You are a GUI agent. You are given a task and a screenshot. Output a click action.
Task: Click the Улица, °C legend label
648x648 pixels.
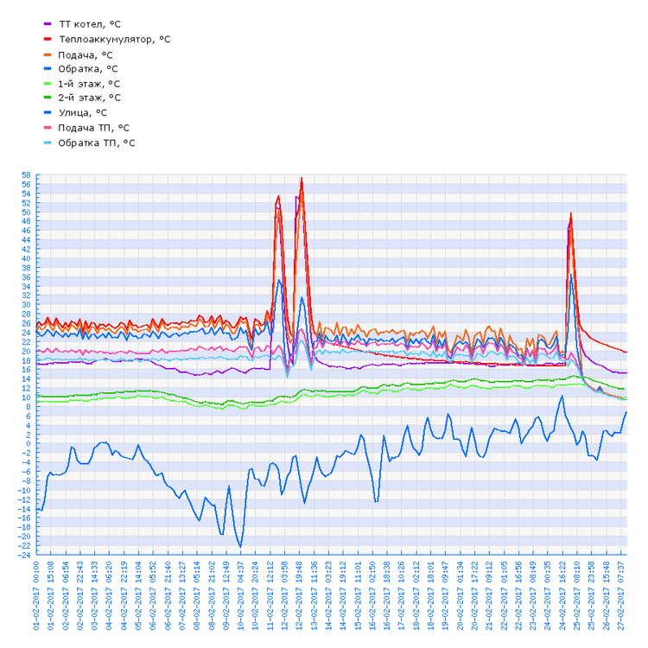(x=82, y=112)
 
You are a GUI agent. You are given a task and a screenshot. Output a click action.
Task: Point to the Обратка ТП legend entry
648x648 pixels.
(x=96, y=142)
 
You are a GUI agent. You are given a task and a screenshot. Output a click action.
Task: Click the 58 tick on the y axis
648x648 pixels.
(x=27, y=175)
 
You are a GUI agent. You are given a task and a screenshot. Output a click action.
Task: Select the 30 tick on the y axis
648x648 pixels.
(x=27, y=305)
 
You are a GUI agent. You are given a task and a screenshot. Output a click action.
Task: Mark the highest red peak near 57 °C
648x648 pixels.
(x=302, y=179)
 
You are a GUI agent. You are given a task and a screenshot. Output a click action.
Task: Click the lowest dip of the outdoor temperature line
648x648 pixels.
(x=240, y=546)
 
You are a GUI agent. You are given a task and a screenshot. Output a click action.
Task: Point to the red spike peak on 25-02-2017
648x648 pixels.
(x=571, y=213)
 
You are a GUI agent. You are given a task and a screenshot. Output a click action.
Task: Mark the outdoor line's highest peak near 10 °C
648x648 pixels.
(x=562, y=397)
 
